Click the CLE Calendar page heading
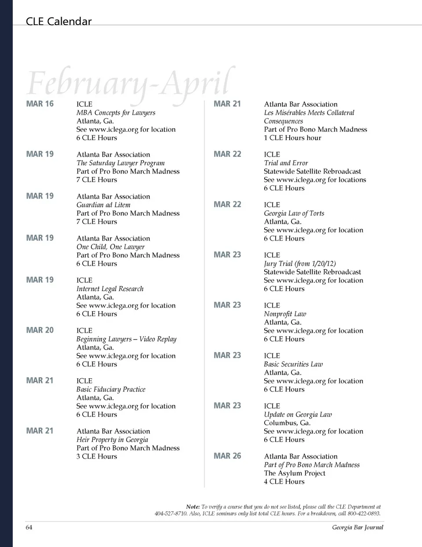(58, 21)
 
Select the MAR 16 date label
(40, 104)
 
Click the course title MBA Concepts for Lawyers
(116, 112)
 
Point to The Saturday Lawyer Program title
(120, 163)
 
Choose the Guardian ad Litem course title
(103, 205)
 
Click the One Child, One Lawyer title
(110, 247)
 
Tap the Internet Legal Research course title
(110, 289)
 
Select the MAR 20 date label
(40, 330)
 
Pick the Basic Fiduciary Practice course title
(111, 389)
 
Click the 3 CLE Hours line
(97, 456)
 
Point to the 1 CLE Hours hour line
(292, 138)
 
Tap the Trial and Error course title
(286, 163)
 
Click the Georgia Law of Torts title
(294, 213)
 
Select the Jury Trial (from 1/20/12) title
(300, 264)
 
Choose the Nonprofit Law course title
(285, 314)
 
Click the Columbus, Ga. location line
(287, 423)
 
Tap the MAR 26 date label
(227, 456)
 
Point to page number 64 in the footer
(29, 527)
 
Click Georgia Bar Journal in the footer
(357, 527)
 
